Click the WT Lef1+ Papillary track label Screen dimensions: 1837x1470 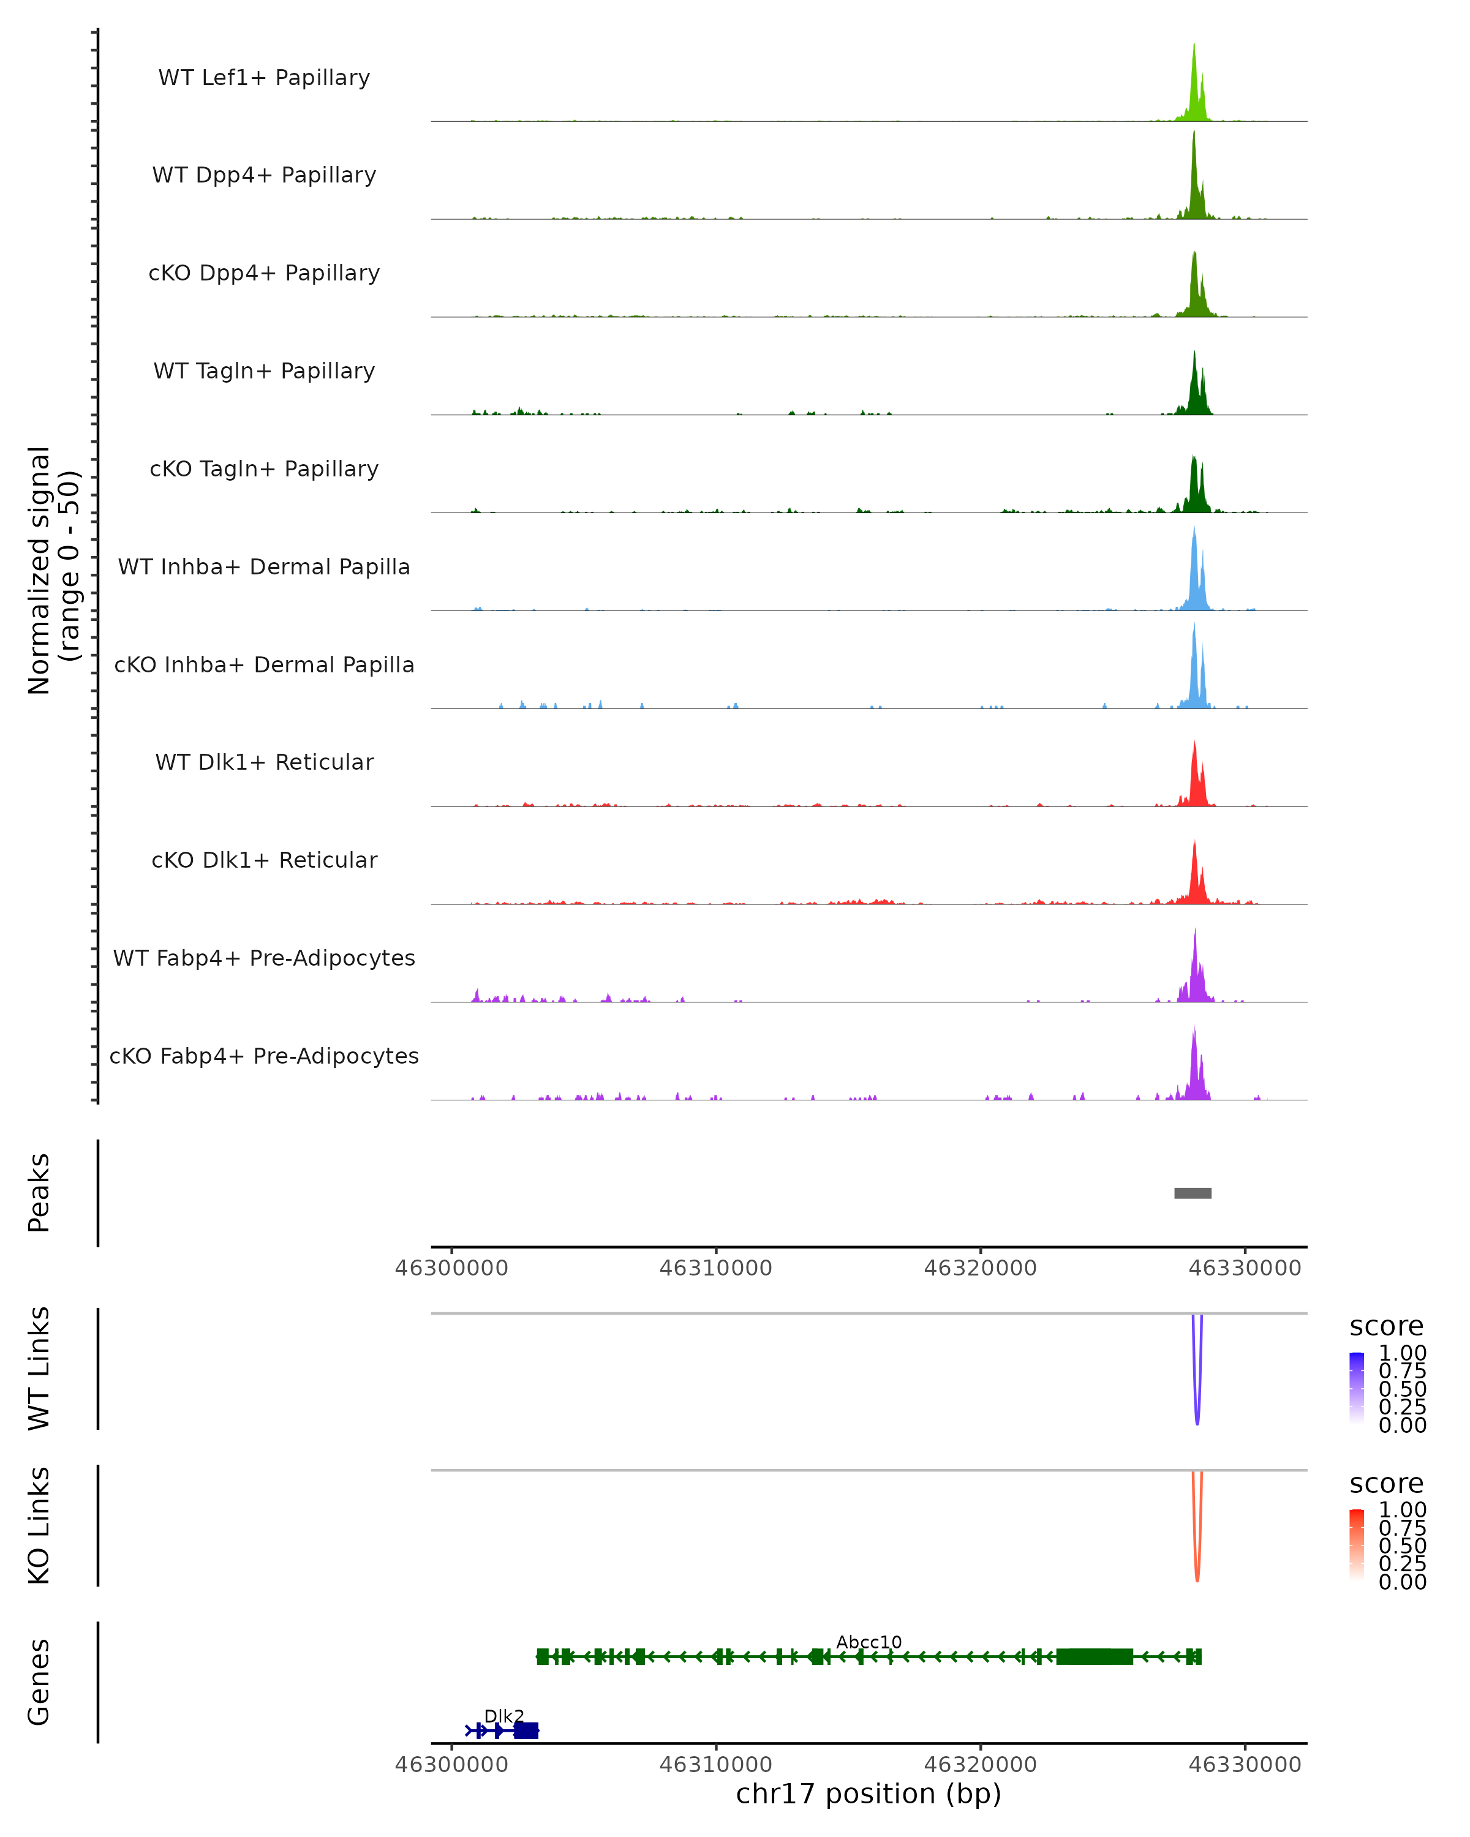[264, 78]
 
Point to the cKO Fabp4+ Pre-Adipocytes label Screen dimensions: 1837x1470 [264, 1056]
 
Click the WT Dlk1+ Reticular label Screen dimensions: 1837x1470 [264, 762]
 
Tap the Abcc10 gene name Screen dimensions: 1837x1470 [869, 1642]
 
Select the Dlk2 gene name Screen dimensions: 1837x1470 [503, 1716]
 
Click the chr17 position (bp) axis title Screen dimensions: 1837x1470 [869, 1794]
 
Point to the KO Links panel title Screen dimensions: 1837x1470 [39, 1525]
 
